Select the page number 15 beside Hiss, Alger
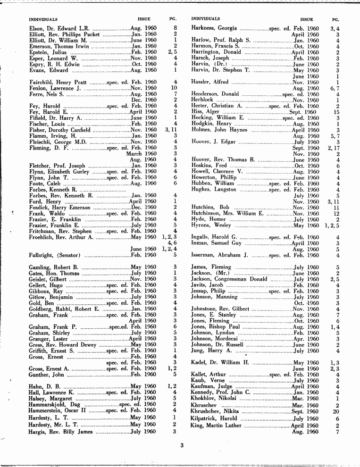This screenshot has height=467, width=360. point(336,112)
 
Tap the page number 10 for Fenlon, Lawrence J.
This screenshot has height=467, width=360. point(174,88)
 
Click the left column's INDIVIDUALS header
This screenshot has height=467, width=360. point(43,20)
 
